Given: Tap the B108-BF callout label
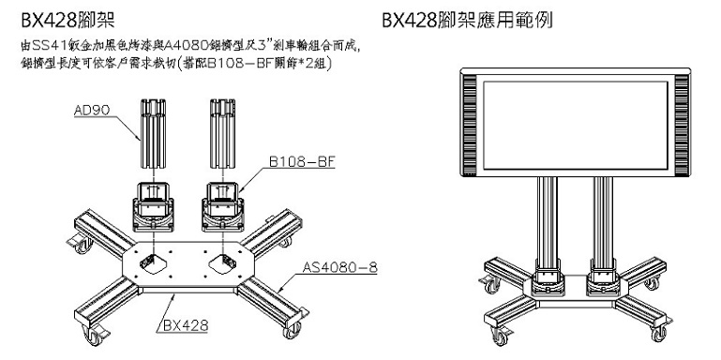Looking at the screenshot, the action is pyautogui.click(x=300, y=162).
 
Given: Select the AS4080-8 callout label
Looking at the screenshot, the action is pyautogui.click(x=339, y=267).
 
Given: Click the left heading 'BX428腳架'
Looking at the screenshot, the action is pyautogui.click(x=68, y=21).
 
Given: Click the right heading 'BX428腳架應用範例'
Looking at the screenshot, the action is pyautogui.click(x=467, y=21).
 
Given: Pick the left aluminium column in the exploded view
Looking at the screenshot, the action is pyautogui.click(x=153, y=133).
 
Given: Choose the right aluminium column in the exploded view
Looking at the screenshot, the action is pyautogui.click(x=222, y=133).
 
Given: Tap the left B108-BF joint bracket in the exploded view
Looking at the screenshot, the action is pyautogui.click(x=153, y=206).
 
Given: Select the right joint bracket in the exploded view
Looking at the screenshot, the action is pyautogui.click(x=222, y=206).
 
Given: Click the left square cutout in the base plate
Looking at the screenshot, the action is pyautogui.click(x=152, y=263).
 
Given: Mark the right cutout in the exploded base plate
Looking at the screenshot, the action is pyautogui.click(x=222, y=263).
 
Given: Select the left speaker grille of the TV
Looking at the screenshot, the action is pyautogui.click(x=470, y=125).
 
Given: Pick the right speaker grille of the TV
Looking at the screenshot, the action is pyautogui.click(x=682, y=125).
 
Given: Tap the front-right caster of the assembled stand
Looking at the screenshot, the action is pyautogui.click(x=659, y=333).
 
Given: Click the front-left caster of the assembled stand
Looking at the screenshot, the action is pyautogui.click(x=500, y=336).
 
